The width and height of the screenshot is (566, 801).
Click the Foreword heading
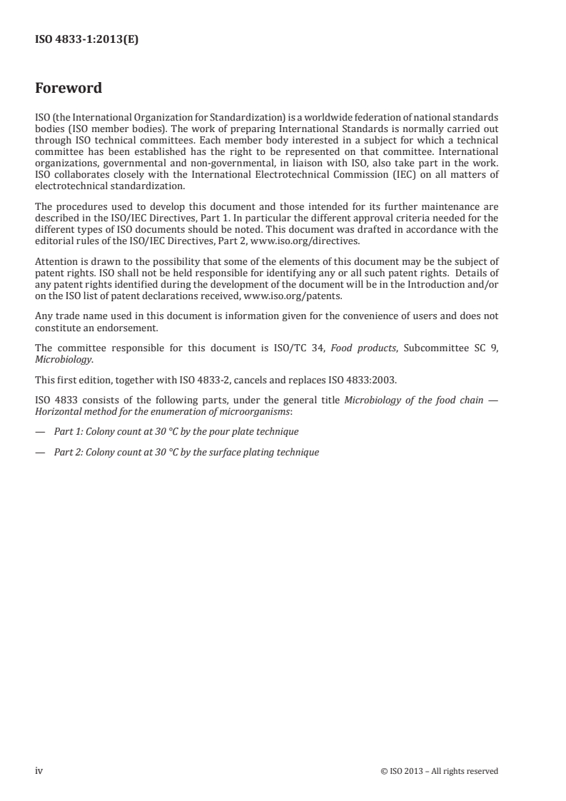pos(69,89)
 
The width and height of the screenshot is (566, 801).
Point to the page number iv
pos(39,770)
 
